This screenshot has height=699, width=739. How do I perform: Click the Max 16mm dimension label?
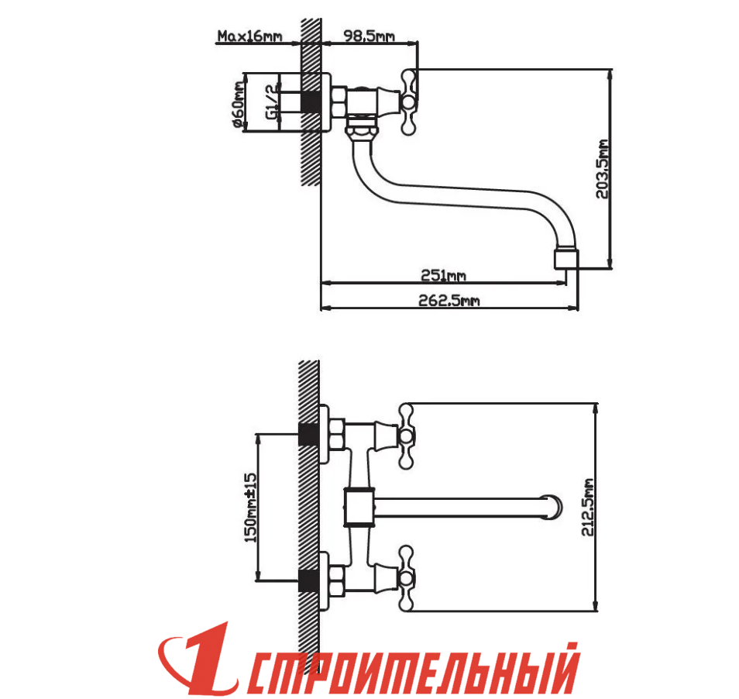coord(249,36)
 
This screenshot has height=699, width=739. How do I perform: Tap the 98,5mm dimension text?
coord(369,36)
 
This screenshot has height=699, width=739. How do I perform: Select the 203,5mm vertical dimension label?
coord(603,169)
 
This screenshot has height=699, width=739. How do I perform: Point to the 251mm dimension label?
coord(443,275)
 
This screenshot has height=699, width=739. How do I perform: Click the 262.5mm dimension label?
coord(449,300)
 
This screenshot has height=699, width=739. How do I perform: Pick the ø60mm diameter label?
coord(239,105)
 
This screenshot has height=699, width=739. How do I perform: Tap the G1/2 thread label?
coord(272,102)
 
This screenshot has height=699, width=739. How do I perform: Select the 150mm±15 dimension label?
coord(251,508)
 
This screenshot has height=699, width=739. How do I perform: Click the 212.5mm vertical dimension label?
coord(587,507)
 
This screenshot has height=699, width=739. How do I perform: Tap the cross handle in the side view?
coord(407,102)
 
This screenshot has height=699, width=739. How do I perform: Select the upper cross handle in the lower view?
coord(406,436)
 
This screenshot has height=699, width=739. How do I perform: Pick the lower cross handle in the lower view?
coord(406,579)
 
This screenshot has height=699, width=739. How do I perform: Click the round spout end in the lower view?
coord(552,507)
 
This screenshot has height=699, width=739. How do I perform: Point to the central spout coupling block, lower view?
coord(359,508)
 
